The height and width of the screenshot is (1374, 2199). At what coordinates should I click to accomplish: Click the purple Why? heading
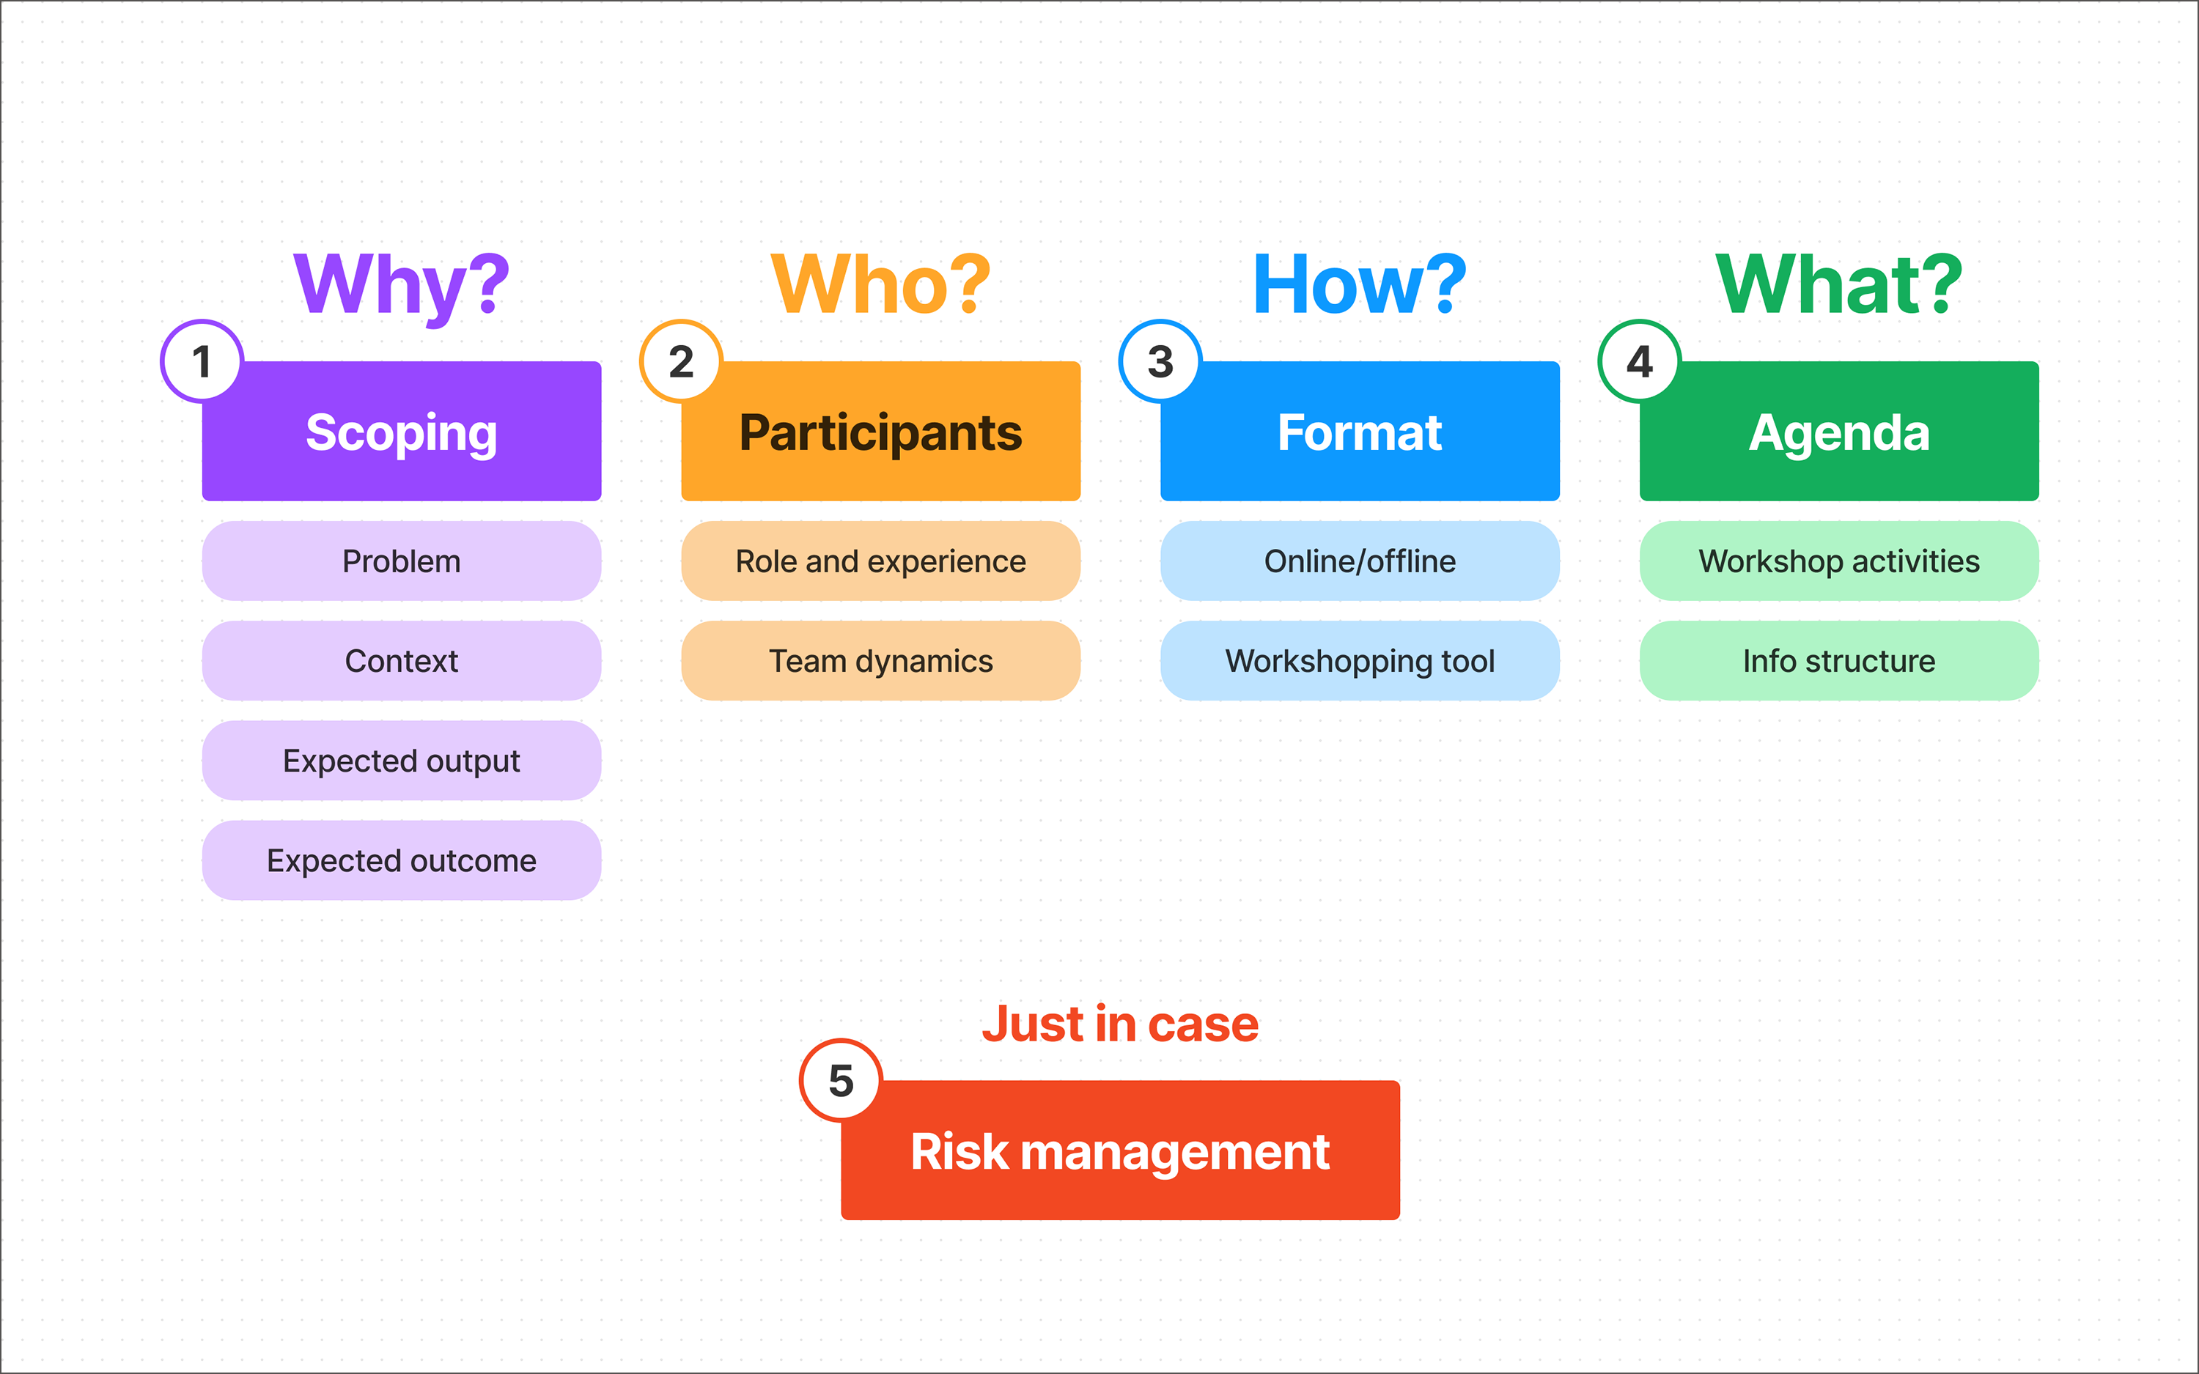coord(401,284)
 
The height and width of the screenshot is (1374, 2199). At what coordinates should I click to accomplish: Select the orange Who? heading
coord(880,284)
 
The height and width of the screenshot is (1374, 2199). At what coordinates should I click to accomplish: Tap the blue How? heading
coord(1360,284)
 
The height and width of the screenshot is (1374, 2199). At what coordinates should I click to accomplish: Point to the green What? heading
coord(1838,284)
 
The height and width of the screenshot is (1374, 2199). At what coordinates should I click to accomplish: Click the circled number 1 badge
coord(202,362)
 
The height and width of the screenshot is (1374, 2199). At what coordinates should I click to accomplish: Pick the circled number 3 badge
coord(1160,362)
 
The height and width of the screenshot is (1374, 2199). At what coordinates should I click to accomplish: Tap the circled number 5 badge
coord(841,1080)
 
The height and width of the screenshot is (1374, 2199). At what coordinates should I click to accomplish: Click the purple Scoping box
coord(402,432)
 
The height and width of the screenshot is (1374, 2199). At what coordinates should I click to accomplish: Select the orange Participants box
coord(880,432)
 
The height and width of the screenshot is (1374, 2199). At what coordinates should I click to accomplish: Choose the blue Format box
coord(1360,432)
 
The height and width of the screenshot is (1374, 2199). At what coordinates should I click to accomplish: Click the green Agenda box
coord(1839,432)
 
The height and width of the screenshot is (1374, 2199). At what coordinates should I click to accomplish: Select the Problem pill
coord(402,561)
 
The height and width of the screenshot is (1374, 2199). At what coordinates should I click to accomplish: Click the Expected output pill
coord(402,761)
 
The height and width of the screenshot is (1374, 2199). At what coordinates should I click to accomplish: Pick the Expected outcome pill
coord(402,860)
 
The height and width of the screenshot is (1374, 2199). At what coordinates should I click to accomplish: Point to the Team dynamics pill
coord(880,661)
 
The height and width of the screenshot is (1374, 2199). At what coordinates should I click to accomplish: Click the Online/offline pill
coord(1360,561)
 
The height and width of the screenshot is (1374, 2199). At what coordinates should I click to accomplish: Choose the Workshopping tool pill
coord(1360,661)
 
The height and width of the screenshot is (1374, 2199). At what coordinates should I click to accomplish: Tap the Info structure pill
coord(1839,661)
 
